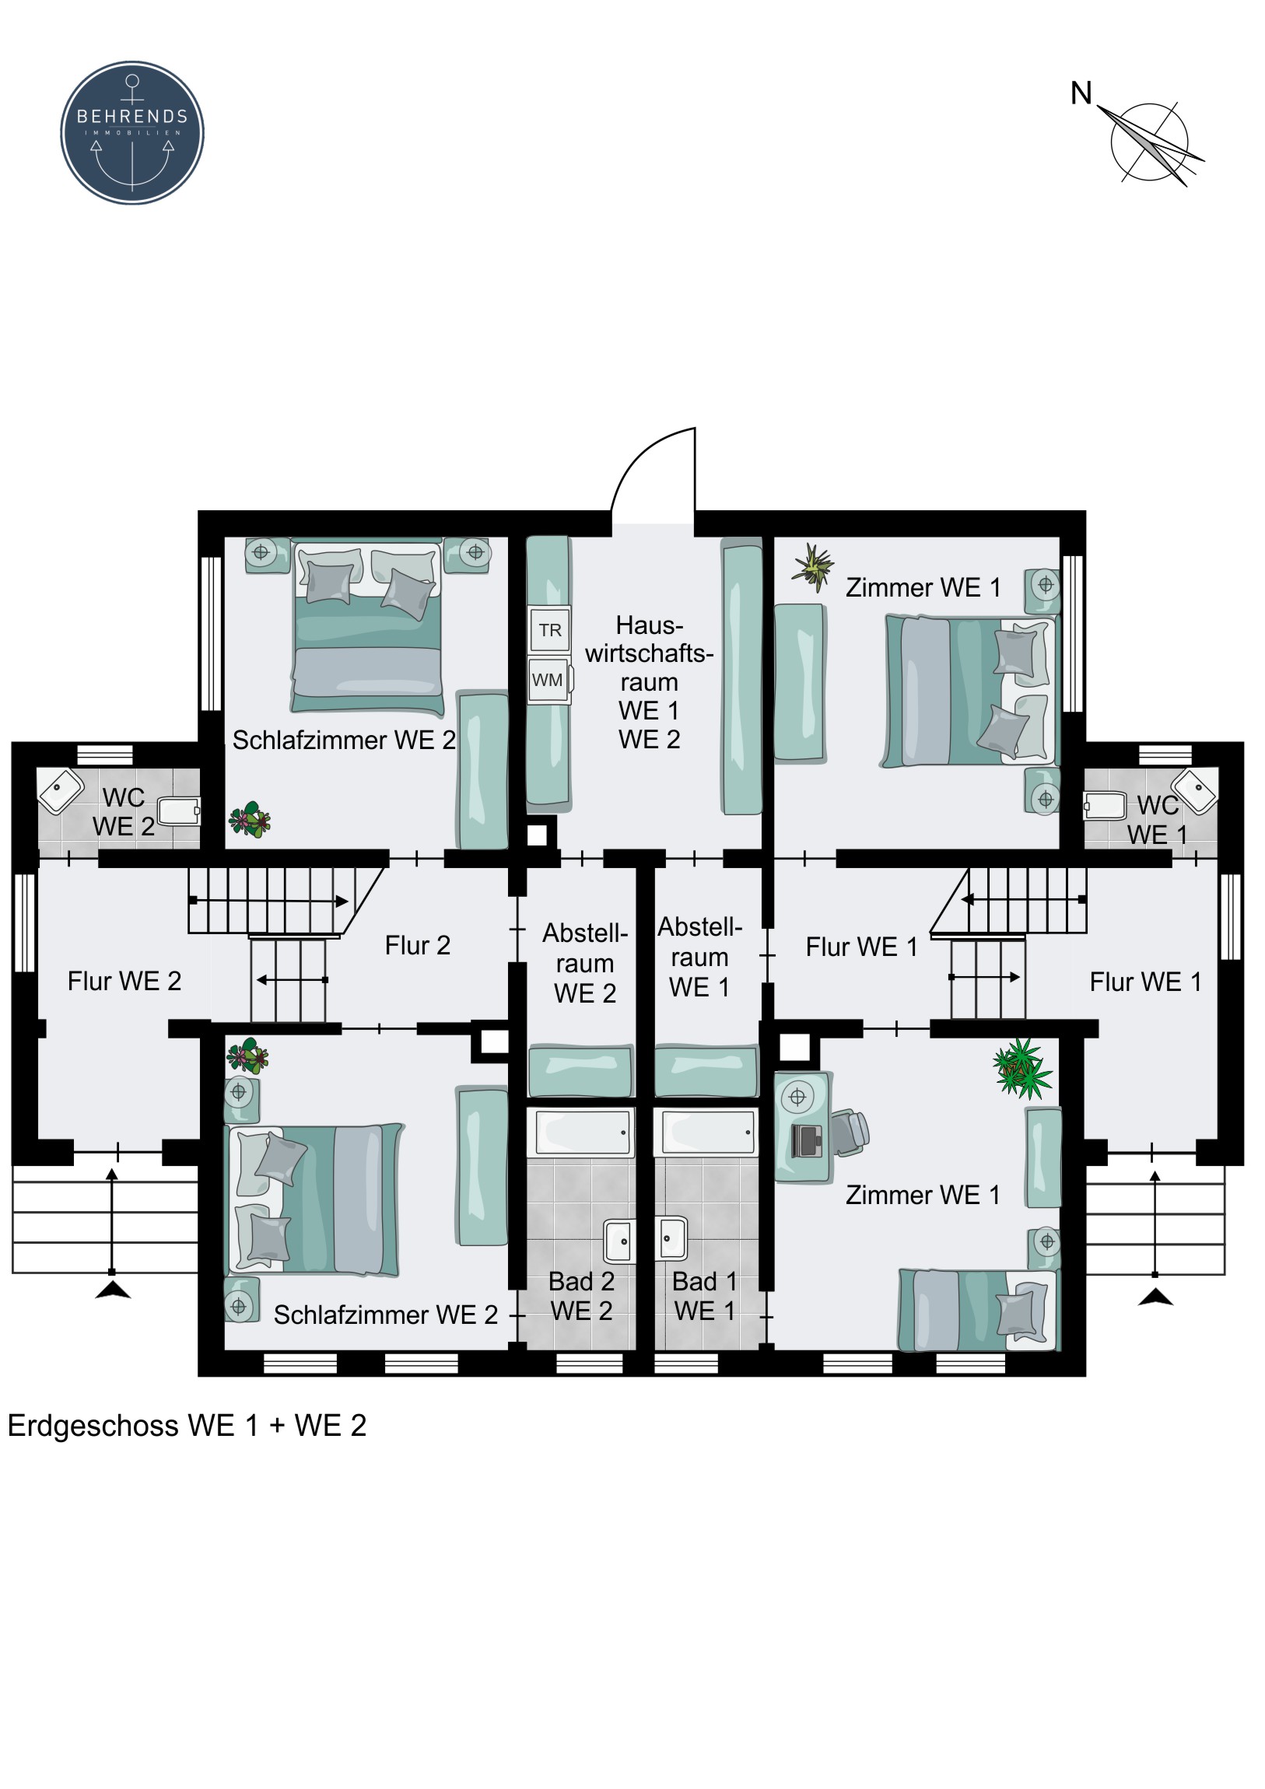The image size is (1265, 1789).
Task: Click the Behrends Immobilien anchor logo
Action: click(132, 132)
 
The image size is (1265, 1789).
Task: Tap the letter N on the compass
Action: click(1081, 93)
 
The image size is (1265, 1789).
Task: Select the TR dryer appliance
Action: click(549, 629)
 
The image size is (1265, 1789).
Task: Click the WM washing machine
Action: click(548, 681)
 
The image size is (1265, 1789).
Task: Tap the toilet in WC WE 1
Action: click(1105, 807)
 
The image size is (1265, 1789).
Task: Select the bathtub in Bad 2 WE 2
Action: click(581, 1133)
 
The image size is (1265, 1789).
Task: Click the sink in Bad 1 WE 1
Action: click(672, 1238)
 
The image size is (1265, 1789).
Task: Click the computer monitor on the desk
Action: click(806, 1141)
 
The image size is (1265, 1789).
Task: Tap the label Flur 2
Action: click(418, 945)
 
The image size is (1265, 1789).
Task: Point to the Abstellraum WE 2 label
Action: click(584, 963)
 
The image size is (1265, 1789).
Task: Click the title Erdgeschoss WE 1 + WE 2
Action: click(187, 1425)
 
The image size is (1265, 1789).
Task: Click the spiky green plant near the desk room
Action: click(1021, 1067)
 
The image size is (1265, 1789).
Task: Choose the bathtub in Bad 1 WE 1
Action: click(706, 1133)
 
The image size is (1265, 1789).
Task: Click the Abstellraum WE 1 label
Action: click(700, 957)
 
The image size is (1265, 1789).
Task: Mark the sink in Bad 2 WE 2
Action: click(618, 1241)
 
